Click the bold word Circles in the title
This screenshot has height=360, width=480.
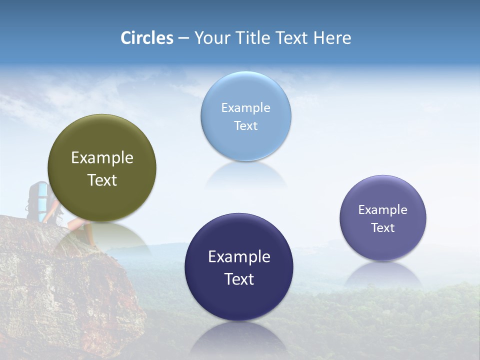[147, 38]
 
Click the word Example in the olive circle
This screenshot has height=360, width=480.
[102, 158]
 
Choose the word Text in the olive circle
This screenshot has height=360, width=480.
[102, 180]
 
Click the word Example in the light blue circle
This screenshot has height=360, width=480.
[246, 108]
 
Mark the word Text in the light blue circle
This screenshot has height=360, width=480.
[246, 126]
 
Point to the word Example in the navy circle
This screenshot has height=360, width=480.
[239, 257]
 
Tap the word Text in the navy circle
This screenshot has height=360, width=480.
[239, 279]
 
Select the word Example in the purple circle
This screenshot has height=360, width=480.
[383, 210]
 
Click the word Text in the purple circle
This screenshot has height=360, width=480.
[383, 228]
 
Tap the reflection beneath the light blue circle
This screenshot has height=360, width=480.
[246, 175]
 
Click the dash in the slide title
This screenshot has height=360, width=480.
[183, 38]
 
